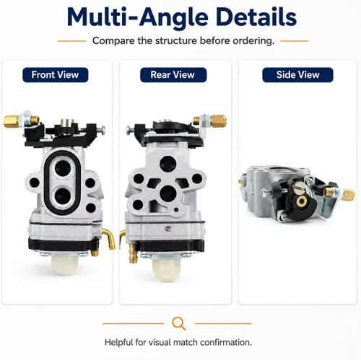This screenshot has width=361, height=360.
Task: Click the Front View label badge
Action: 56,75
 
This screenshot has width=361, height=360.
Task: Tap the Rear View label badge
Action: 173,75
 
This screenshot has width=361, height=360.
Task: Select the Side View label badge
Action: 297,75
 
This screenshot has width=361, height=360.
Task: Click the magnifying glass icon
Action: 179,323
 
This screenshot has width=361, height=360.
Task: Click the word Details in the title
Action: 256,17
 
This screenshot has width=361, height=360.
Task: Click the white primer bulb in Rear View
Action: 166,269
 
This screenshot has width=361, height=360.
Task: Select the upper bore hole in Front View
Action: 62,168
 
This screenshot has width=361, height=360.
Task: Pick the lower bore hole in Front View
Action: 62,196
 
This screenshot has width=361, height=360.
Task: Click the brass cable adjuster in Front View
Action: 12,122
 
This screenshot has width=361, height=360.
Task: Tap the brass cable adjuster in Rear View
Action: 218,121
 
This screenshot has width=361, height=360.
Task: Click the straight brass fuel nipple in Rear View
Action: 132,253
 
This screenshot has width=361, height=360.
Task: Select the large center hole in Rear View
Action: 168,193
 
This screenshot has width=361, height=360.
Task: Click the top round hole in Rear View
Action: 168,163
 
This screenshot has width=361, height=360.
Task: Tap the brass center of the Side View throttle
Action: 301,201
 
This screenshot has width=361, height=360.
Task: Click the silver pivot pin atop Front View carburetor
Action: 66,123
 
